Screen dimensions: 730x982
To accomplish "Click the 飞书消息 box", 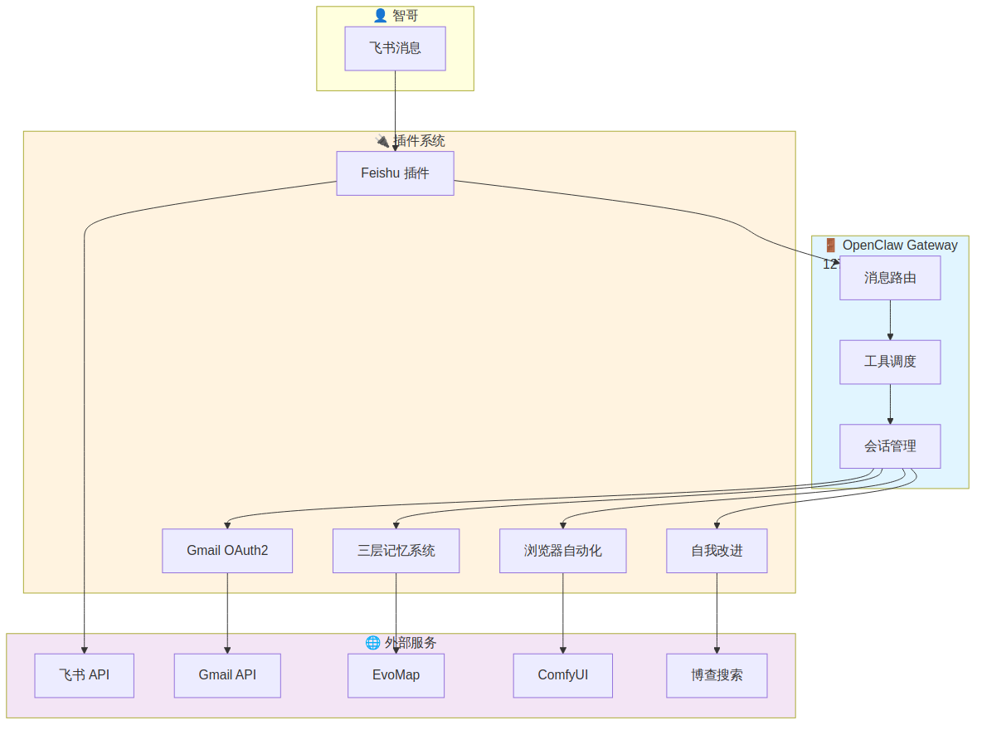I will (x=395, y=48).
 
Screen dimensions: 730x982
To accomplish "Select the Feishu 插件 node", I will (x=395, y=173).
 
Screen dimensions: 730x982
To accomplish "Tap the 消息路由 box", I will (x=890, y=278).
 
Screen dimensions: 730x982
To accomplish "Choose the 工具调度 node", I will (x=890, y=362).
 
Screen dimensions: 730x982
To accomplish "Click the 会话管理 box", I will (x=890, y=446).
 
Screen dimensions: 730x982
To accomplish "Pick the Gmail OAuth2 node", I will (x=227, y=551).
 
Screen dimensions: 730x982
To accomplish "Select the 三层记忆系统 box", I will (x=396, y=551).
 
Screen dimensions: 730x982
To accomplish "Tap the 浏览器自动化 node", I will (x=562, y=551).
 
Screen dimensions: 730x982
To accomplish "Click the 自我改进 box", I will (x=717, y=551).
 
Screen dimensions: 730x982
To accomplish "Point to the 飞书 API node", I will (x=84, y=675).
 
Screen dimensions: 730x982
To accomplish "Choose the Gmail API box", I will (x=227, y=675).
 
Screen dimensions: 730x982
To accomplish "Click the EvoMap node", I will (x=396, y=675).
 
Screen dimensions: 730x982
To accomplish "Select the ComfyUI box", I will (x=562, y=675).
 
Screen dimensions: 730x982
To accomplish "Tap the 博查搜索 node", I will (x=717, y=675).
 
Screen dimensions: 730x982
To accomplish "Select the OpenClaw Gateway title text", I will (x=899, y=246).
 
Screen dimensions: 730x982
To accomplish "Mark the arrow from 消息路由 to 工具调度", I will (x=890, y=319).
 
